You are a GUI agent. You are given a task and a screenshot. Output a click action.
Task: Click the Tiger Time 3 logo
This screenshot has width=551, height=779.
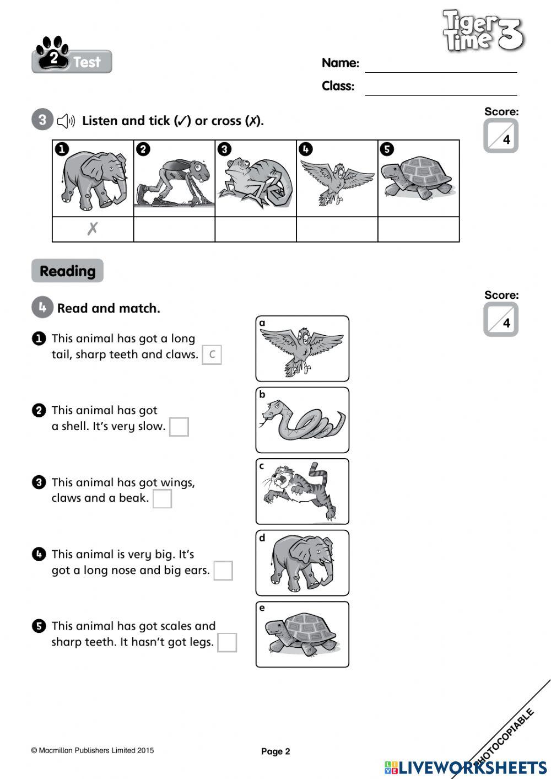(483, 31)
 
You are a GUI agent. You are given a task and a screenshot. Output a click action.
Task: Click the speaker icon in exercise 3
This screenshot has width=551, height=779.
(66, 121)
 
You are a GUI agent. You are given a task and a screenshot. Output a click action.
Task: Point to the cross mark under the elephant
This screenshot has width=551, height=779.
(93, 229)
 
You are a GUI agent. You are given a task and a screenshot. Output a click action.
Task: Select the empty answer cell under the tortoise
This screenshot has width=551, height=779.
(418, 229)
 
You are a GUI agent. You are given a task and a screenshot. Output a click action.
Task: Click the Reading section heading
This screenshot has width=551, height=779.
(67, 271)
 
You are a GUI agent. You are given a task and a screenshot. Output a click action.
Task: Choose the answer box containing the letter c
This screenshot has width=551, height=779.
(212, 354)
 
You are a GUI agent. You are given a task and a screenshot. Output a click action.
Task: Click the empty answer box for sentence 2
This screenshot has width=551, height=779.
(179, 427)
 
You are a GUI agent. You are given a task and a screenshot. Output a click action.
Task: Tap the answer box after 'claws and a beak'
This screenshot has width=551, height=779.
(162, 498)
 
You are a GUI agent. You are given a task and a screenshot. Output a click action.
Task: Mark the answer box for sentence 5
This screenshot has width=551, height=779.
(227, 642)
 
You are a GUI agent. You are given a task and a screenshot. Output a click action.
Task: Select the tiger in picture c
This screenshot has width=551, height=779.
(302, 491)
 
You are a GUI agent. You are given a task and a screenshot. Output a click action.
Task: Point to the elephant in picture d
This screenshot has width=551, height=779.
(302, 563)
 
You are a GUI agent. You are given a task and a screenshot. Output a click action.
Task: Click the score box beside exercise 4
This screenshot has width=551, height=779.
(500, 320)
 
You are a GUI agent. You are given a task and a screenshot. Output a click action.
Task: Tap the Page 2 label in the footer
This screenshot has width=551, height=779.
(275, 751)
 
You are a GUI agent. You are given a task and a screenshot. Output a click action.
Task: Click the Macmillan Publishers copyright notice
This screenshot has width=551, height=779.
(93, 750)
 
